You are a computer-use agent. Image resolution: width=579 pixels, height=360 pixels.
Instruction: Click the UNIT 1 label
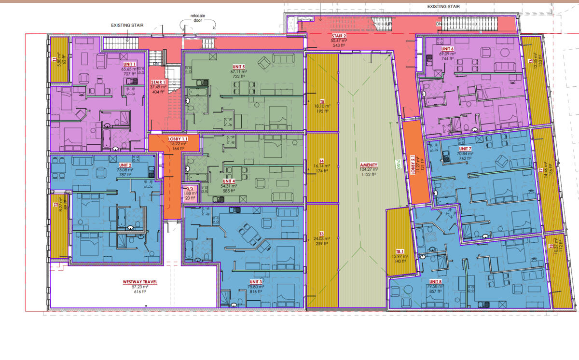[130, 64]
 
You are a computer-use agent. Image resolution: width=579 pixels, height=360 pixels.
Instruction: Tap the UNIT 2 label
[126, 165]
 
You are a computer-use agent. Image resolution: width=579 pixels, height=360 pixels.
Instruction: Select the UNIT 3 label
[256, 281]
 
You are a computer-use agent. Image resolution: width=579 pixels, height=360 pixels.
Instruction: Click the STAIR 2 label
[339, 36]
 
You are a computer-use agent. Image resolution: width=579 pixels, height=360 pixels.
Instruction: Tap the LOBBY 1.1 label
[178, 138]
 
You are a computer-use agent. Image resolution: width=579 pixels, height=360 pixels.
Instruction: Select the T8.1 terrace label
[400, 251]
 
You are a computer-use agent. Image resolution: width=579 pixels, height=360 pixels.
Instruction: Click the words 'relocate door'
[197, 19]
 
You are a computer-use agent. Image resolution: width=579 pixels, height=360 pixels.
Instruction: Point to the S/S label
[190, 188]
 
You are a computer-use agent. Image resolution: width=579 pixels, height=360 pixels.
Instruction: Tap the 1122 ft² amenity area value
[369, 175]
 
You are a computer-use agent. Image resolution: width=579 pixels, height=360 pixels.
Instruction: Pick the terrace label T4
[321, 161]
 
